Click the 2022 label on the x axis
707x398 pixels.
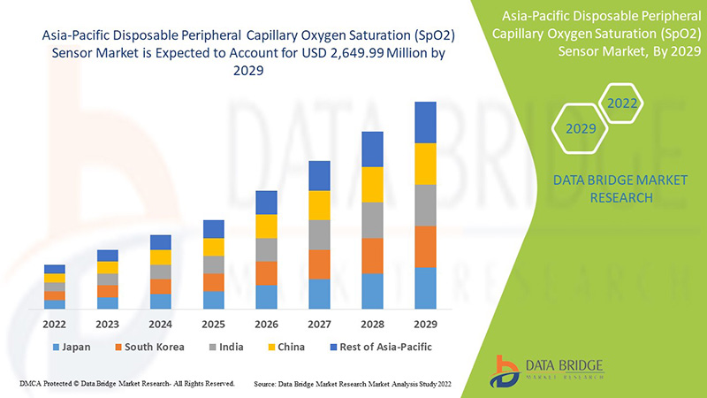pyautogui.click(x=54, y=323)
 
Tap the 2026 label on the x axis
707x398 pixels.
pyautogui.click(x=266, y=323)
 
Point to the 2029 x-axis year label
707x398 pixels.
pyautogui.click(x=425, y=323)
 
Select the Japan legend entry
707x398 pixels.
pyautogui.click(x=74, y=347)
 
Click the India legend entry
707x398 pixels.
pyautogui.click(x=232, y=347)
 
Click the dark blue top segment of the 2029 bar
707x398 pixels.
pyautogui.click(x=425, y=122)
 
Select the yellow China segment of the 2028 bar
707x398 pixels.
pyautogui.click(x=372, y=184)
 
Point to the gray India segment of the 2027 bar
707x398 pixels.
pyautogui.click(x=319, y=234)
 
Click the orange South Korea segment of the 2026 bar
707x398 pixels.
pyautogui.click(x=266, y=272)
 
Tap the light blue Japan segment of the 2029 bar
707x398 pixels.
pyautogui.click(x=425, y=288)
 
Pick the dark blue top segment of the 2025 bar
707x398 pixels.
pyautogui.click(x=213, y=229)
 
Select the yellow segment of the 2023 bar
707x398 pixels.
pyautogui.click(x=107, y=267)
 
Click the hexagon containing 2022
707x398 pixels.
pyautogui.click(x=621, y=103)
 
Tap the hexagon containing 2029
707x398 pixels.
pyautogui.click(x=581, y=129)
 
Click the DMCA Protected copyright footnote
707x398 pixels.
pyautogui.click(x=125, y=384)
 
